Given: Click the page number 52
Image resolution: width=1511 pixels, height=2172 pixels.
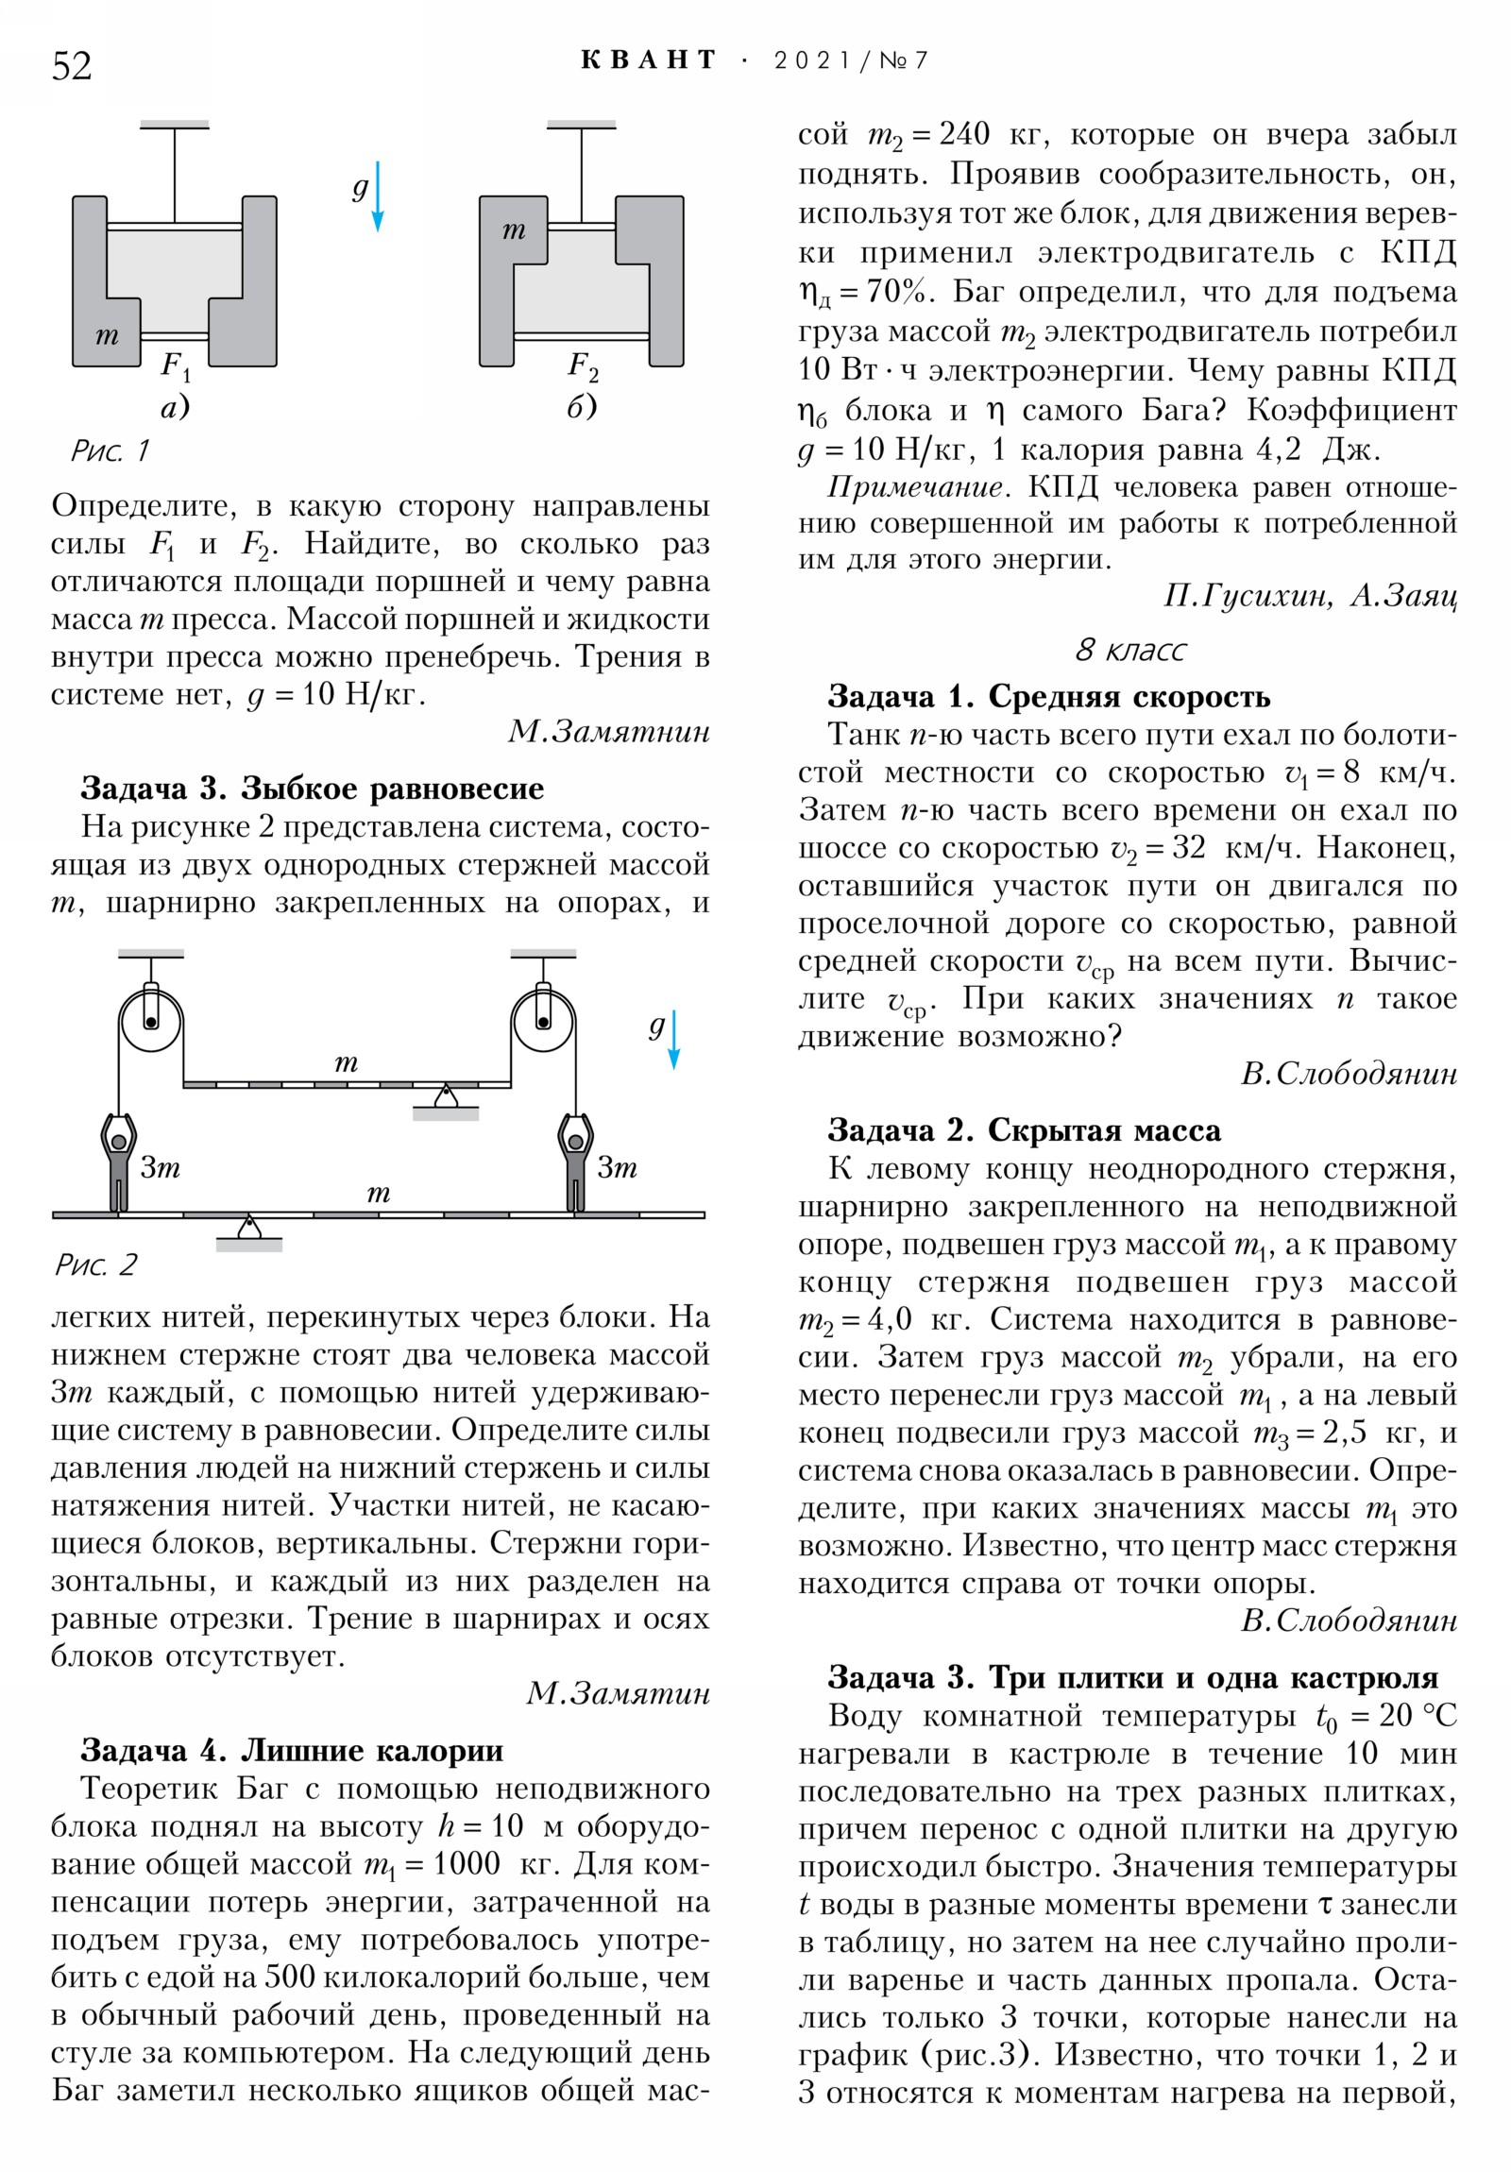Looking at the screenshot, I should [72, 66].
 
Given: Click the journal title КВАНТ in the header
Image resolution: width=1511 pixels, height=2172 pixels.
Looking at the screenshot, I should [649, 60].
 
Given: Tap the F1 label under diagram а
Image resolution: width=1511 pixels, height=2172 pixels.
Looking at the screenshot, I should [176, 365].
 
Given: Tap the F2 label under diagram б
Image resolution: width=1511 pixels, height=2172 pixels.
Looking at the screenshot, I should [583, 365].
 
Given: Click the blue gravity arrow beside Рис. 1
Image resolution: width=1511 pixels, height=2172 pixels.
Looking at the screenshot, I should [378, 195].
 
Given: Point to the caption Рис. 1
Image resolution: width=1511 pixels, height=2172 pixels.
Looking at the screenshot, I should [110, 450].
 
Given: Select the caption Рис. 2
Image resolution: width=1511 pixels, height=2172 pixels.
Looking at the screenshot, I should [95, 1264].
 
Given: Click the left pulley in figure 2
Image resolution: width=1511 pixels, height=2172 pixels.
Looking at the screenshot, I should [150, 1022].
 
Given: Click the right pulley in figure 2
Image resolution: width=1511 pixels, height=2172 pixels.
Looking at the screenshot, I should [542, 1022].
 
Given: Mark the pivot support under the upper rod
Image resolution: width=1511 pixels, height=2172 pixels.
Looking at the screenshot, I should [446, 1100].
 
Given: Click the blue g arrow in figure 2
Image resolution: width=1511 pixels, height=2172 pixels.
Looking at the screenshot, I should [673, 1040].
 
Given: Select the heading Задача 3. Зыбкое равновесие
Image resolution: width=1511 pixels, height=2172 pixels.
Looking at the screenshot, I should [313, 788].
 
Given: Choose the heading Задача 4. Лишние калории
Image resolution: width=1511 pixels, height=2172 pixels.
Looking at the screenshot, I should [292, 1750].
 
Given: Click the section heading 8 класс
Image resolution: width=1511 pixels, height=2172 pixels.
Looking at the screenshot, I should [1129, 650].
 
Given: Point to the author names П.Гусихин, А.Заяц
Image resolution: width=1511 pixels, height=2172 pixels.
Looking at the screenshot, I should [1310, 595].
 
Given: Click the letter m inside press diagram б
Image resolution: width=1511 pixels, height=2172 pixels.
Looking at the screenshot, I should [514, 229].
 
